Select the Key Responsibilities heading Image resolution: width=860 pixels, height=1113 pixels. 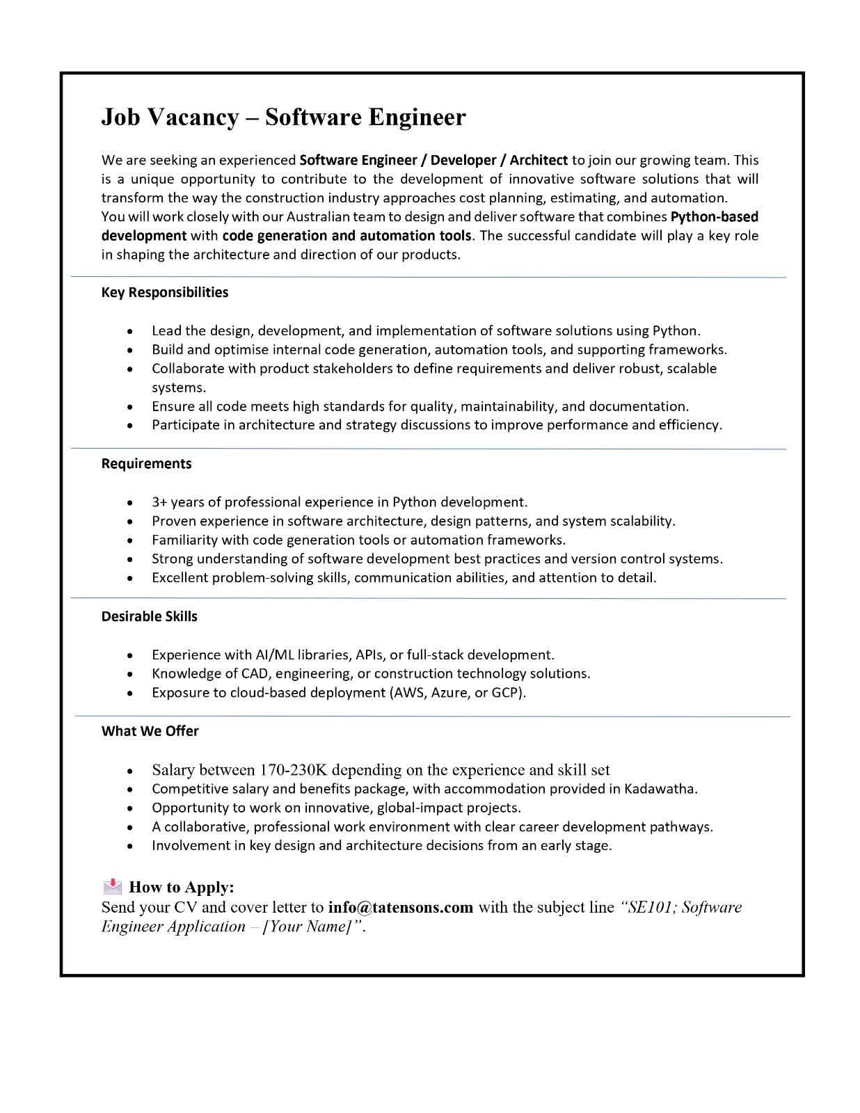click(x=165, y=292)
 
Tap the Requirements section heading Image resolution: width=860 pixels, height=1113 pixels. click(x=146, y=463)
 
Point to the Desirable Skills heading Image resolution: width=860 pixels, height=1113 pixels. click(x=149, y=616)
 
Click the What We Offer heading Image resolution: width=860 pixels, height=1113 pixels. click(x=150, y=731)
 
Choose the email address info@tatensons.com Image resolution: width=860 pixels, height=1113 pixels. click(x=400, y=907)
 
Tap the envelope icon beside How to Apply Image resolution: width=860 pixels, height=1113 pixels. click(x=112, y=887)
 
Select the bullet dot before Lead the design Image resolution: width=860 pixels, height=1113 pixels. click(x=130, y=331)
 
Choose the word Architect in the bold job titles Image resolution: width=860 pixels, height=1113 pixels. click(x=539, y=161)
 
